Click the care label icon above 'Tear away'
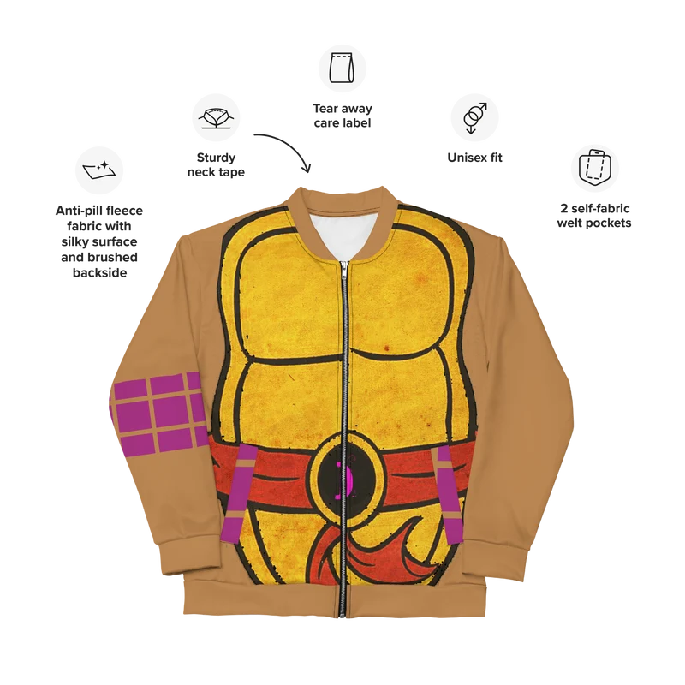[342, 68]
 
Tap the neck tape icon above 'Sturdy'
[216, 117]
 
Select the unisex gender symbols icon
[474, 117]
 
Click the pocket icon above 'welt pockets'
[594, 168]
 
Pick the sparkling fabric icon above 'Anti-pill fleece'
[99, 170]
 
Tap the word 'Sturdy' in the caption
[216, 158]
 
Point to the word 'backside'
[99, 272]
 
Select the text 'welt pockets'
[594, 223]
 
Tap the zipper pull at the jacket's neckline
[345, 267]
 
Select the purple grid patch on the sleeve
[158, 413]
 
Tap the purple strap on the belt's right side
[449, 495]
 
